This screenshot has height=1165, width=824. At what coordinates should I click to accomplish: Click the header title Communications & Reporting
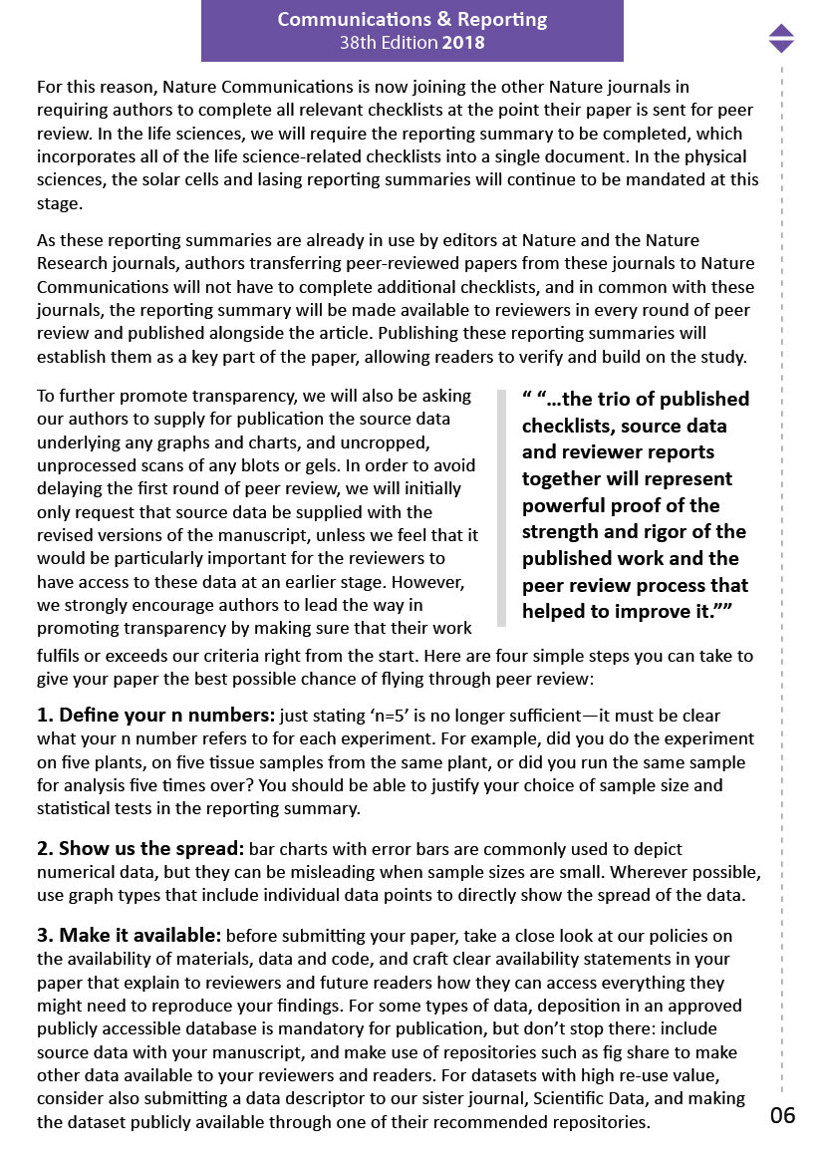(x=412, y=20)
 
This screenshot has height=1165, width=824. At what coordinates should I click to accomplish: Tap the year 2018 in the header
(x=464, y=43)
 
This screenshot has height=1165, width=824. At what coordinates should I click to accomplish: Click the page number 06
(x=783, y=1115)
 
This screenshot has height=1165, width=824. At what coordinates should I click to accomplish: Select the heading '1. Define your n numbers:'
(x=155, y=716)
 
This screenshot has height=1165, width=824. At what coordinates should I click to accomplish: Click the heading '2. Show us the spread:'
(x=140, y=849)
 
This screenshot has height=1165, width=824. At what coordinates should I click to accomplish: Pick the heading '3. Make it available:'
(x=130, y=936)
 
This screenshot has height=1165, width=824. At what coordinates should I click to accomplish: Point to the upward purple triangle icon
(x=782, y=31)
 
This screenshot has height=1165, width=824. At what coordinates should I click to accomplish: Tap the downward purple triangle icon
(x=782, y=46)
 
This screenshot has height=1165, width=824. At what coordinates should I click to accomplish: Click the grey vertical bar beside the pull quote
(x=501, y=508)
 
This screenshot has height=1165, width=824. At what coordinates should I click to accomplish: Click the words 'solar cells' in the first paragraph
(x=195, y=179)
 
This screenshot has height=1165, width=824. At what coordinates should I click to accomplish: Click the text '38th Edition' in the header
(x=389, y=43)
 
